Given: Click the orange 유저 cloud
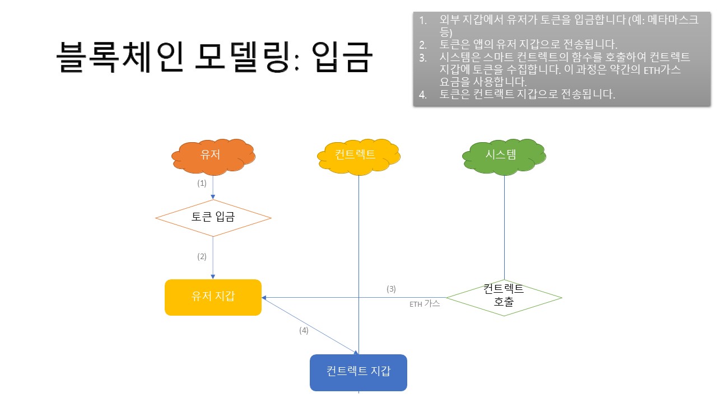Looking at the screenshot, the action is (x=213, y=157).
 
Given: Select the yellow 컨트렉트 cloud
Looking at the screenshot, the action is (x=358, y=157).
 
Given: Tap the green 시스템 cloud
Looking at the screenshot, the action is (x=504, y=157).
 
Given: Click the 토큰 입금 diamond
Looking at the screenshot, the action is (x=213, y=218).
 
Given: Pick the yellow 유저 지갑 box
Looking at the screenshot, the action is (x=213, y=297).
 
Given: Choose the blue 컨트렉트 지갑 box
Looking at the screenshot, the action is (x=358, y=373).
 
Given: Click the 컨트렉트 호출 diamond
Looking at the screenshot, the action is (x=504, y=297).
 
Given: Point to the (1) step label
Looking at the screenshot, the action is (x=202, y=183).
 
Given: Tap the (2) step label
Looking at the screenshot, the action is (x=202, y=256).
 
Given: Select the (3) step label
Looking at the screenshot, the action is (x=391, y=289).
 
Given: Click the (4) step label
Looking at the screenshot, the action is (x=304, y=330).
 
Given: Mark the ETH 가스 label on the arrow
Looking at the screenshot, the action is (x=425, y=303).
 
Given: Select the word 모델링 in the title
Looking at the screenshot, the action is (x=246, y=57).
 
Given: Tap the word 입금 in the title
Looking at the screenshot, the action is (x=342, y=57).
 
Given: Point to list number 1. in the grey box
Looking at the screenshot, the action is (x=423, y=21).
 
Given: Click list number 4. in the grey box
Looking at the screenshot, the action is (x=423, y=95).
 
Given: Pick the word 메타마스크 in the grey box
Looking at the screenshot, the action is (x=673, y=20).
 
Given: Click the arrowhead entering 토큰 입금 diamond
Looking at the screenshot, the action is (x=213, y=196).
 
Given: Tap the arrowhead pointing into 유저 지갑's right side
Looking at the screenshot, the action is (x=264, y=297).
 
